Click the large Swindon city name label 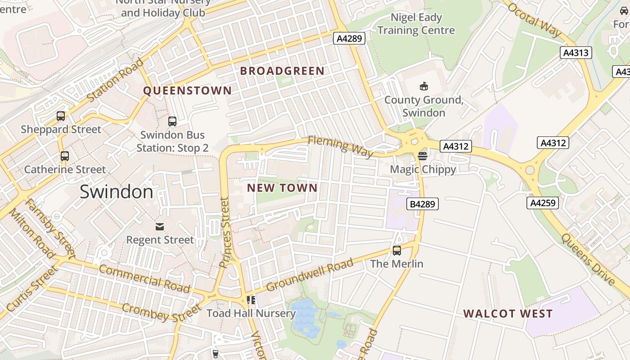click(117, 192)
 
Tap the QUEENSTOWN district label click(187, 91)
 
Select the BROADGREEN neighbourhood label click(282, 71)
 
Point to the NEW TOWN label click(283, 188)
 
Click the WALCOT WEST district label click(508, 314)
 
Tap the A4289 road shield click(349, 39)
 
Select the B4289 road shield click(423, 204)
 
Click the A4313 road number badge click(576, 53)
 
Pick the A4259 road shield click(543, 203)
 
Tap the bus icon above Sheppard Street click(61, 116)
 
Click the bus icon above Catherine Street click(65, 156)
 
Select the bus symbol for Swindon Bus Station click(172, 121)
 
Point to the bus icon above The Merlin click(397, 251)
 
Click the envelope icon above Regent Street click(160, 226)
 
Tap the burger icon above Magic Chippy click(423, 156)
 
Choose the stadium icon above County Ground click(423, 86)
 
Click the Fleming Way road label click(341, 147)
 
